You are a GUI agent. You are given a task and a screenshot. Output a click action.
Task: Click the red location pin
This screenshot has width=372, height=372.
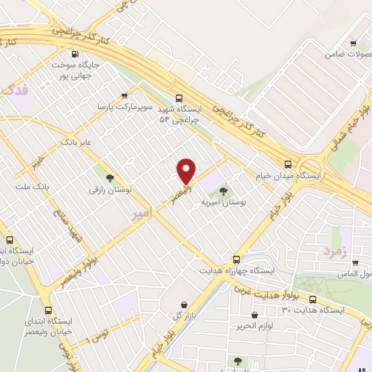(187, 170)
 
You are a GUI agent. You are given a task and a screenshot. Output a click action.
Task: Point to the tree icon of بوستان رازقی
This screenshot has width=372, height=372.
(110, 177)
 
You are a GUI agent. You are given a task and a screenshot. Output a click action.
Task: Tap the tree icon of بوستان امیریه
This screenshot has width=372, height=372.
(223, 191)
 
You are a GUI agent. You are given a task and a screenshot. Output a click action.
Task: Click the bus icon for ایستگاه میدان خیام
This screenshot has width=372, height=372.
(288, 164)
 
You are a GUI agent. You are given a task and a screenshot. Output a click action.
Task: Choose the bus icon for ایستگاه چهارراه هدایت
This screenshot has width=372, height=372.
(236, 259)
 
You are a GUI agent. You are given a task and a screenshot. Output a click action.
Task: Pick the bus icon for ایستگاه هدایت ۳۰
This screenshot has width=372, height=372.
(313, 299)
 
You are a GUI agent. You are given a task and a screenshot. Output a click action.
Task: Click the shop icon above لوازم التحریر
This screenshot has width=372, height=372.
(254, 315)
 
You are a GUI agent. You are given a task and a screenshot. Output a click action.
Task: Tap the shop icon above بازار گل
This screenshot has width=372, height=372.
(184, 304)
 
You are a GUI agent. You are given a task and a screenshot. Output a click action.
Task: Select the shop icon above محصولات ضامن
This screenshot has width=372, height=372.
(353, 44)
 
